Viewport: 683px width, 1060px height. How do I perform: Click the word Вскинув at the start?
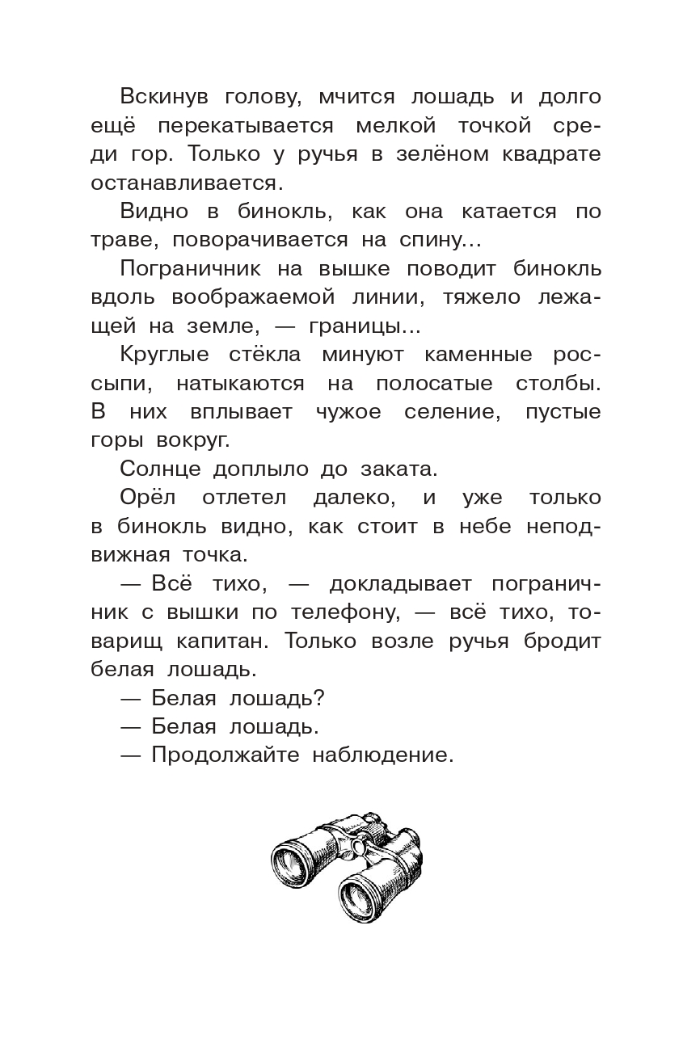point(164,97)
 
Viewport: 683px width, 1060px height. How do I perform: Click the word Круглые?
point(164,354)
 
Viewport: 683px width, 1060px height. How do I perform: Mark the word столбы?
point(559,383)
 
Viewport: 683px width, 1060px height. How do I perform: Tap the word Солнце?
point(158,469)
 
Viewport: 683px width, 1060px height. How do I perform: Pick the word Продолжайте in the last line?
point(220,755)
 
